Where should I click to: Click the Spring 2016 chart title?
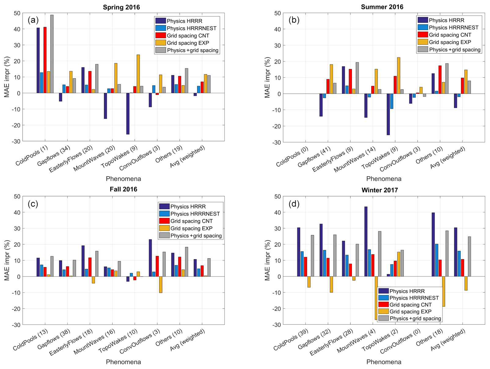121,7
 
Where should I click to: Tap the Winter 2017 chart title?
380,190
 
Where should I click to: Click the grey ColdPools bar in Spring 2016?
52,54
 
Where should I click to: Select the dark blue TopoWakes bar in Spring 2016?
128,114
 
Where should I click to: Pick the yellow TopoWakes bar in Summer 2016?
398,75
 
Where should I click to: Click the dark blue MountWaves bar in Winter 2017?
366,241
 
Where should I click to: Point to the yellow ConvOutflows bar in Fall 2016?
161,284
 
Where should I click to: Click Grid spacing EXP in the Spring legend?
188,43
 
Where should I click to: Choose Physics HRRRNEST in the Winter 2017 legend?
414,298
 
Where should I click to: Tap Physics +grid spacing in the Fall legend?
196,236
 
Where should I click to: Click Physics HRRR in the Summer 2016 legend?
446,20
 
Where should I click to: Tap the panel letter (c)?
33,204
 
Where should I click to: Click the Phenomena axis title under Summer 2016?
384,179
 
